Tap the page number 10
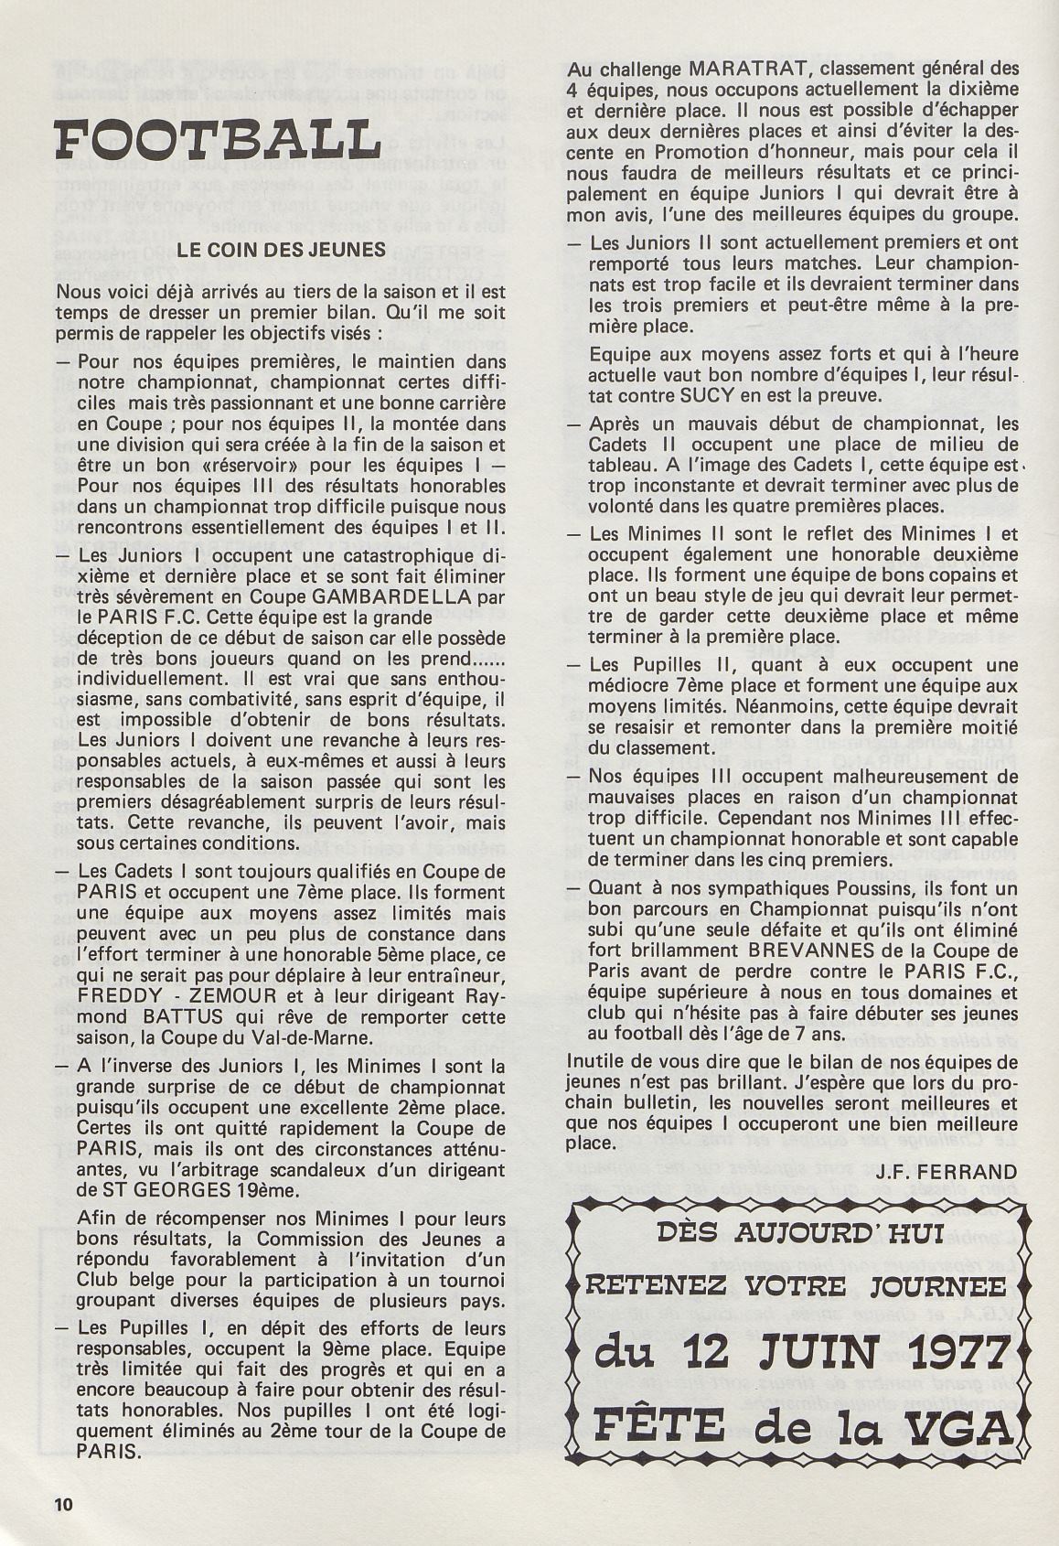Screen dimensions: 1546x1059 (62, 1505)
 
